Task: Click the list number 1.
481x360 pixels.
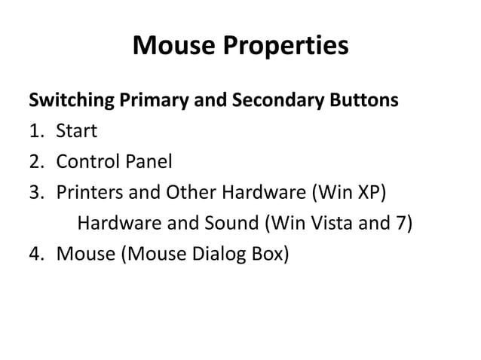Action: click(35, 131)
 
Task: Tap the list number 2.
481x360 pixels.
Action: click(35, 162)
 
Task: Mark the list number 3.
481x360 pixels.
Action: click(35, 193)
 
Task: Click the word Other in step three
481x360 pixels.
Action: click(191, 193)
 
